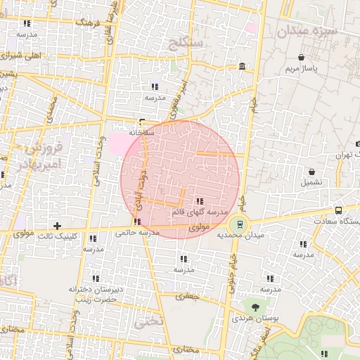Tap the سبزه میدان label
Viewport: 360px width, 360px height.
tap(307, 32)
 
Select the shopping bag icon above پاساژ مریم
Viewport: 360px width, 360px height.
tap(302, 57)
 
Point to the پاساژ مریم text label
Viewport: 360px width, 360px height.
tap(302, 69)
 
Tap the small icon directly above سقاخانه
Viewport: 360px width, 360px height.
tap(143, 121)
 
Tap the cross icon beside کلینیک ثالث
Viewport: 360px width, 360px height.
tap(58, 226)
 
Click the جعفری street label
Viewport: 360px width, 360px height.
tap(188, 297)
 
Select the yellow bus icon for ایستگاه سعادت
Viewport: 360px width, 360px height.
tap(339, 210)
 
